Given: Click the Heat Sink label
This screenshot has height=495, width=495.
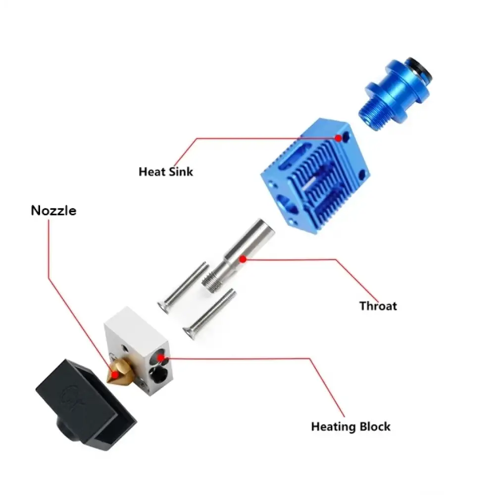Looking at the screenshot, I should click(166, 172).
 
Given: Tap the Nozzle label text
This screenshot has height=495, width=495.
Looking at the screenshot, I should click(53, 210).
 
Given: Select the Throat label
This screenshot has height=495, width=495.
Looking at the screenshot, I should click(378, 306).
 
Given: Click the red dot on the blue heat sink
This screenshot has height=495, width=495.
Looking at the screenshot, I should click(339, 138).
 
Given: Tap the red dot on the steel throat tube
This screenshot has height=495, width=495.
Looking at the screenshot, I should click(243, 258).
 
